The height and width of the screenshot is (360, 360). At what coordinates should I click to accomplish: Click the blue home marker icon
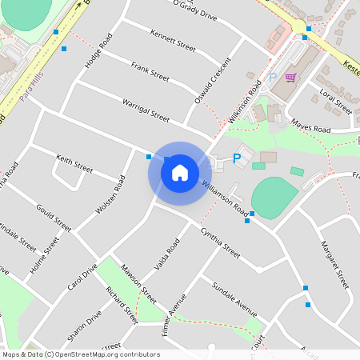pyautogui.click(x=180, y=173)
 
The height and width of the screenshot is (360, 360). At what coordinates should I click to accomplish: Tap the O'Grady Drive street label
pyautogui.click(x=194, y=11)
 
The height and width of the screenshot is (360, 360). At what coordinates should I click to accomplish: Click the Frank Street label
pyautogui.click(x=150, y=73)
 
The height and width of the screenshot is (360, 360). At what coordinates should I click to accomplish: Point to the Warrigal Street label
pyautogui.click(x=146, y=110)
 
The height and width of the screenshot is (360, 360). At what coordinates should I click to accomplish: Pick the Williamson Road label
pyautogui.click(x=225, y=197)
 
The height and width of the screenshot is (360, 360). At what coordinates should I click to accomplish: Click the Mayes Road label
pyautogui.click(x=311, y=127)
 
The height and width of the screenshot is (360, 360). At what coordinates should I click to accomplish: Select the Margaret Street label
pyautogui.click(x=334, y=264)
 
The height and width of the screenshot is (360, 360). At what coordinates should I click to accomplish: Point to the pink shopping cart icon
pyautogui.click(x=290, y=78)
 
